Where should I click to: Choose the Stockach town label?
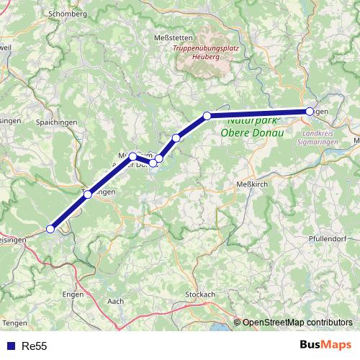pyautogui.click(x=200, y=294)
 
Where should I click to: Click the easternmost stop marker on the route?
pyautogui.click(x=310, y=111)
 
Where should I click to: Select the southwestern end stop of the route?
pyautogui.click(x=50, y=229)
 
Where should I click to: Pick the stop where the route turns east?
pyautogui.click(x=207, y=115)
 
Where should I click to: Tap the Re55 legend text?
pyautogui.click(x=35, y=346)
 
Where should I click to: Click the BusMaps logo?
pyautogui.click(x=325, y=346)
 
